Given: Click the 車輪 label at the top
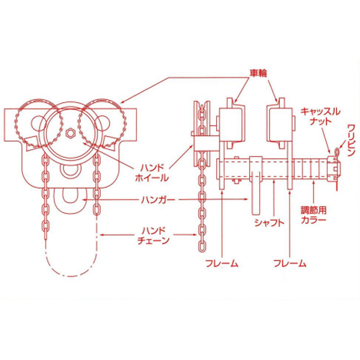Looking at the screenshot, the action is tap(258, 73).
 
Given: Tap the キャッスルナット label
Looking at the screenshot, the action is tap(320, 116).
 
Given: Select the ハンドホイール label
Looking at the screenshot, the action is tap(152, 173).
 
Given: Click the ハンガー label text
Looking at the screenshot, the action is tap(158, 199).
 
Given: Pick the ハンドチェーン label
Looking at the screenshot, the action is tap(153, 236).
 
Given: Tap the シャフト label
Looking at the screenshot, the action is tap(269, 222).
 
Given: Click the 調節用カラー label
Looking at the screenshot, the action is tap(314, 215).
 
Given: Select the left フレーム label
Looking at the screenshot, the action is tap(222, 264).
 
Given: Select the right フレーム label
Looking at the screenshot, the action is tap(290, 264).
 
